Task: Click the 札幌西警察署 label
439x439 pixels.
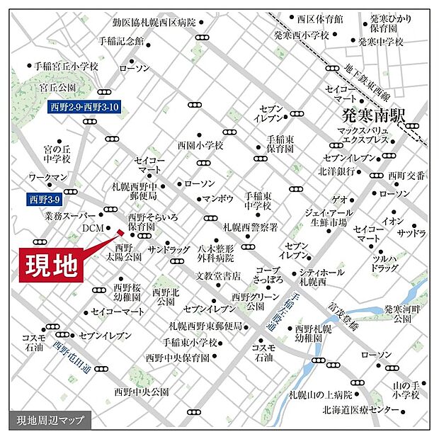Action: click(250, 227)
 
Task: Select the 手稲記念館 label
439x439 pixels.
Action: click(121, 41)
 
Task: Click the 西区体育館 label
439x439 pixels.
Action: click(319, 18)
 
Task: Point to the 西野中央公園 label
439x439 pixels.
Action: click(141, 391)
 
